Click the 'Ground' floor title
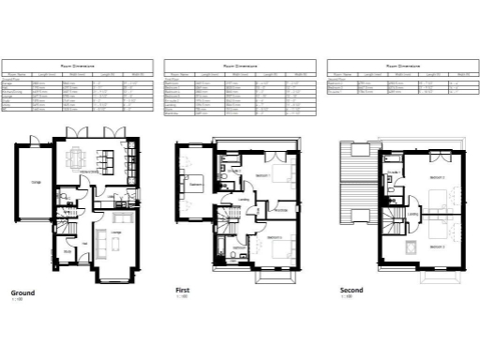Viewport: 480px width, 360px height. (22, 292)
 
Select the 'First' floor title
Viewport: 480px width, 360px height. (183, 291)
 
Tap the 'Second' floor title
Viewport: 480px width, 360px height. (351, 291)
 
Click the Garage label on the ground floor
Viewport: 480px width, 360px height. (36, 182)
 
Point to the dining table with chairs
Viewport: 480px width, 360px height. (79, 160)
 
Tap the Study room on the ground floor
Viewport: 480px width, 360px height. (68, 252)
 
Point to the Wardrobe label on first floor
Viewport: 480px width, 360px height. (279, 210)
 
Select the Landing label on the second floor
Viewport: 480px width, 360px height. (412, 213)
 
